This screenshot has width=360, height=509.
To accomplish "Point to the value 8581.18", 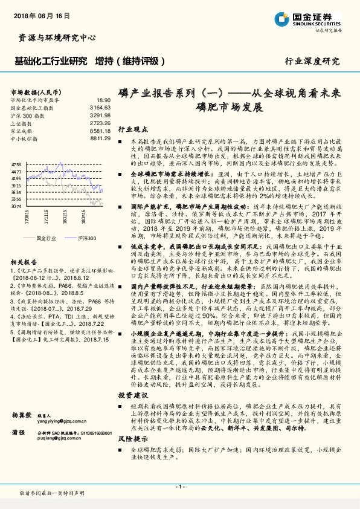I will pos(100,131).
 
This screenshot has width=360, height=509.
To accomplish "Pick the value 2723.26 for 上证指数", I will pos(100,123).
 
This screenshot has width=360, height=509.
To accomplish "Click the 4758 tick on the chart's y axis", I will pos(16,164).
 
